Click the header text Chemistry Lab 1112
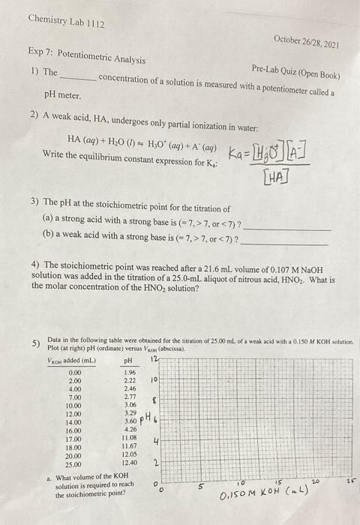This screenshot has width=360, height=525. tap(65, 22)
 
